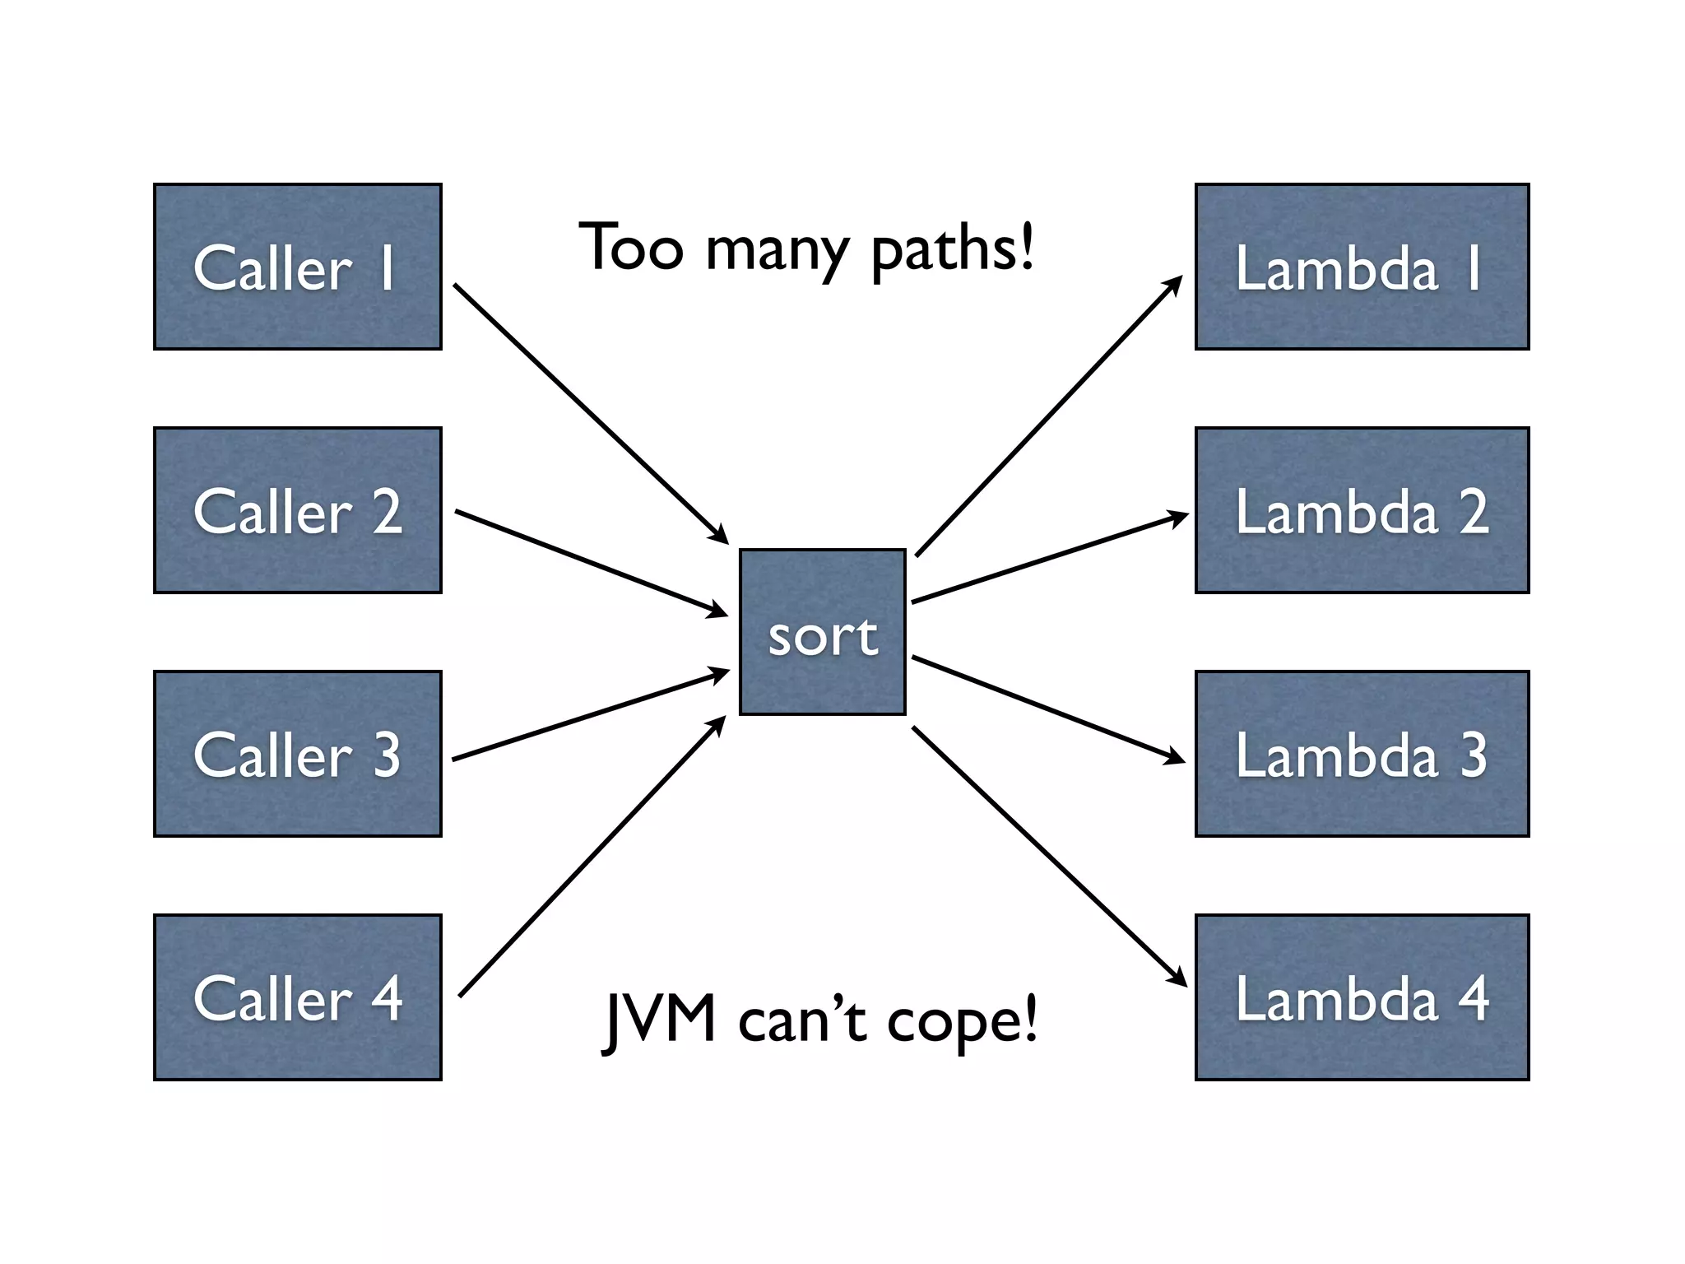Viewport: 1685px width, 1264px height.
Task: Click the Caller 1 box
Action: pyautogui.click(x=297, y=267)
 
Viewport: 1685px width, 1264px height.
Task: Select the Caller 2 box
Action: pyautogui.click(x=297, y=510)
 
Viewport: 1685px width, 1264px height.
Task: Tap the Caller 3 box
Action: pyautogui.click(x=297, y=754)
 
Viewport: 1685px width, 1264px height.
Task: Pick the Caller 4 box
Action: pyautogui.click(x=297, y=997)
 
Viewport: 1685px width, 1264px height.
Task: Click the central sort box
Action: pyautogui.click(x=822, y=632)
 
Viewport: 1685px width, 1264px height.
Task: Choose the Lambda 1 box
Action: pyautogui.click(x=1362, y=267)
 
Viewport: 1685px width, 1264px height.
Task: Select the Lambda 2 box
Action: pyautogui.click(x=1362, y=510)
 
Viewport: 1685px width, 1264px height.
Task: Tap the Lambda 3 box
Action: pyautogui.click(x=1362, y=754)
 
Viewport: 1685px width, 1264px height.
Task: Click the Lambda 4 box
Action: pyautogui.click(x=1362, y=997)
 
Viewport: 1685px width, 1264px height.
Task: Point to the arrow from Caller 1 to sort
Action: pyautogui.click(x=590, y=413)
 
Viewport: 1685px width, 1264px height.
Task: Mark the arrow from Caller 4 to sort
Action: pyautogui.click(x=592, y=857)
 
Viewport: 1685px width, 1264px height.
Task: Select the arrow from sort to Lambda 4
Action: pyautogui.click(x=1048, y=856)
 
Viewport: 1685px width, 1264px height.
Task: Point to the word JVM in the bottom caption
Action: pyautogui.click(x=659, y=1020)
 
